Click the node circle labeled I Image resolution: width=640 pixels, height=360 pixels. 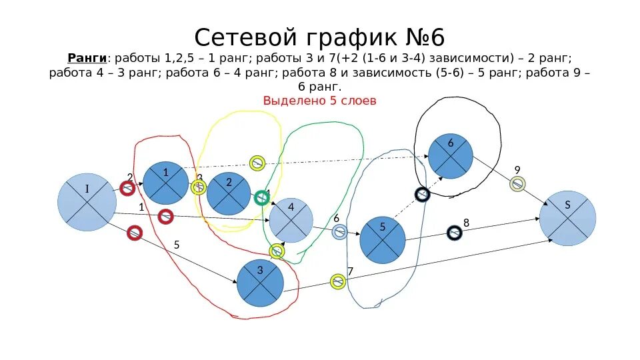click(x=87, y=202)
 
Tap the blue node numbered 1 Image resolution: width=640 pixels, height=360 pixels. click(x=166, y=183)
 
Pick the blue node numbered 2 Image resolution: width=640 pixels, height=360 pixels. click(x=229, y=193)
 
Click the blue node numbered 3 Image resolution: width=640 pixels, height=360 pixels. click(x=260, y=283)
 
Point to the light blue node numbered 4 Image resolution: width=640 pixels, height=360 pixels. click(x=291, y=220)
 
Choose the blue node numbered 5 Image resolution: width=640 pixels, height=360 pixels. click(x=383, y=239)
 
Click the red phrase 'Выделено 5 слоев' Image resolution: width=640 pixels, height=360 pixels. click(x=320, y=101)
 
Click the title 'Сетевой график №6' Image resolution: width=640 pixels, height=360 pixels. click(x=320, y=35)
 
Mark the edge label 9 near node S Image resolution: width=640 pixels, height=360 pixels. click(x=517, y=169)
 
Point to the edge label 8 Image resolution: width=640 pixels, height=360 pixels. click(x=466, y=223)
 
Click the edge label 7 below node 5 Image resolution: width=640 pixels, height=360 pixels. click(x=350, y=271)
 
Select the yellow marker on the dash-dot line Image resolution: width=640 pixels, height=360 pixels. click(x=257, y=163)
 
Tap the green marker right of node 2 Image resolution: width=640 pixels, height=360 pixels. click(x=261, y=197)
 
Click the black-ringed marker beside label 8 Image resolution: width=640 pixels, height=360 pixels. click(x=454, y=233)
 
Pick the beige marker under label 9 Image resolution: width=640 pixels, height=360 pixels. click(x=517, y=184)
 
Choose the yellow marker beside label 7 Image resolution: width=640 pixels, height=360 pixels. click(x=338, y=281)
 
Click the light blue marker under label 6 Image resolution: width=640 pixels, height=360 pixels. click(x=339, y=232)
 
